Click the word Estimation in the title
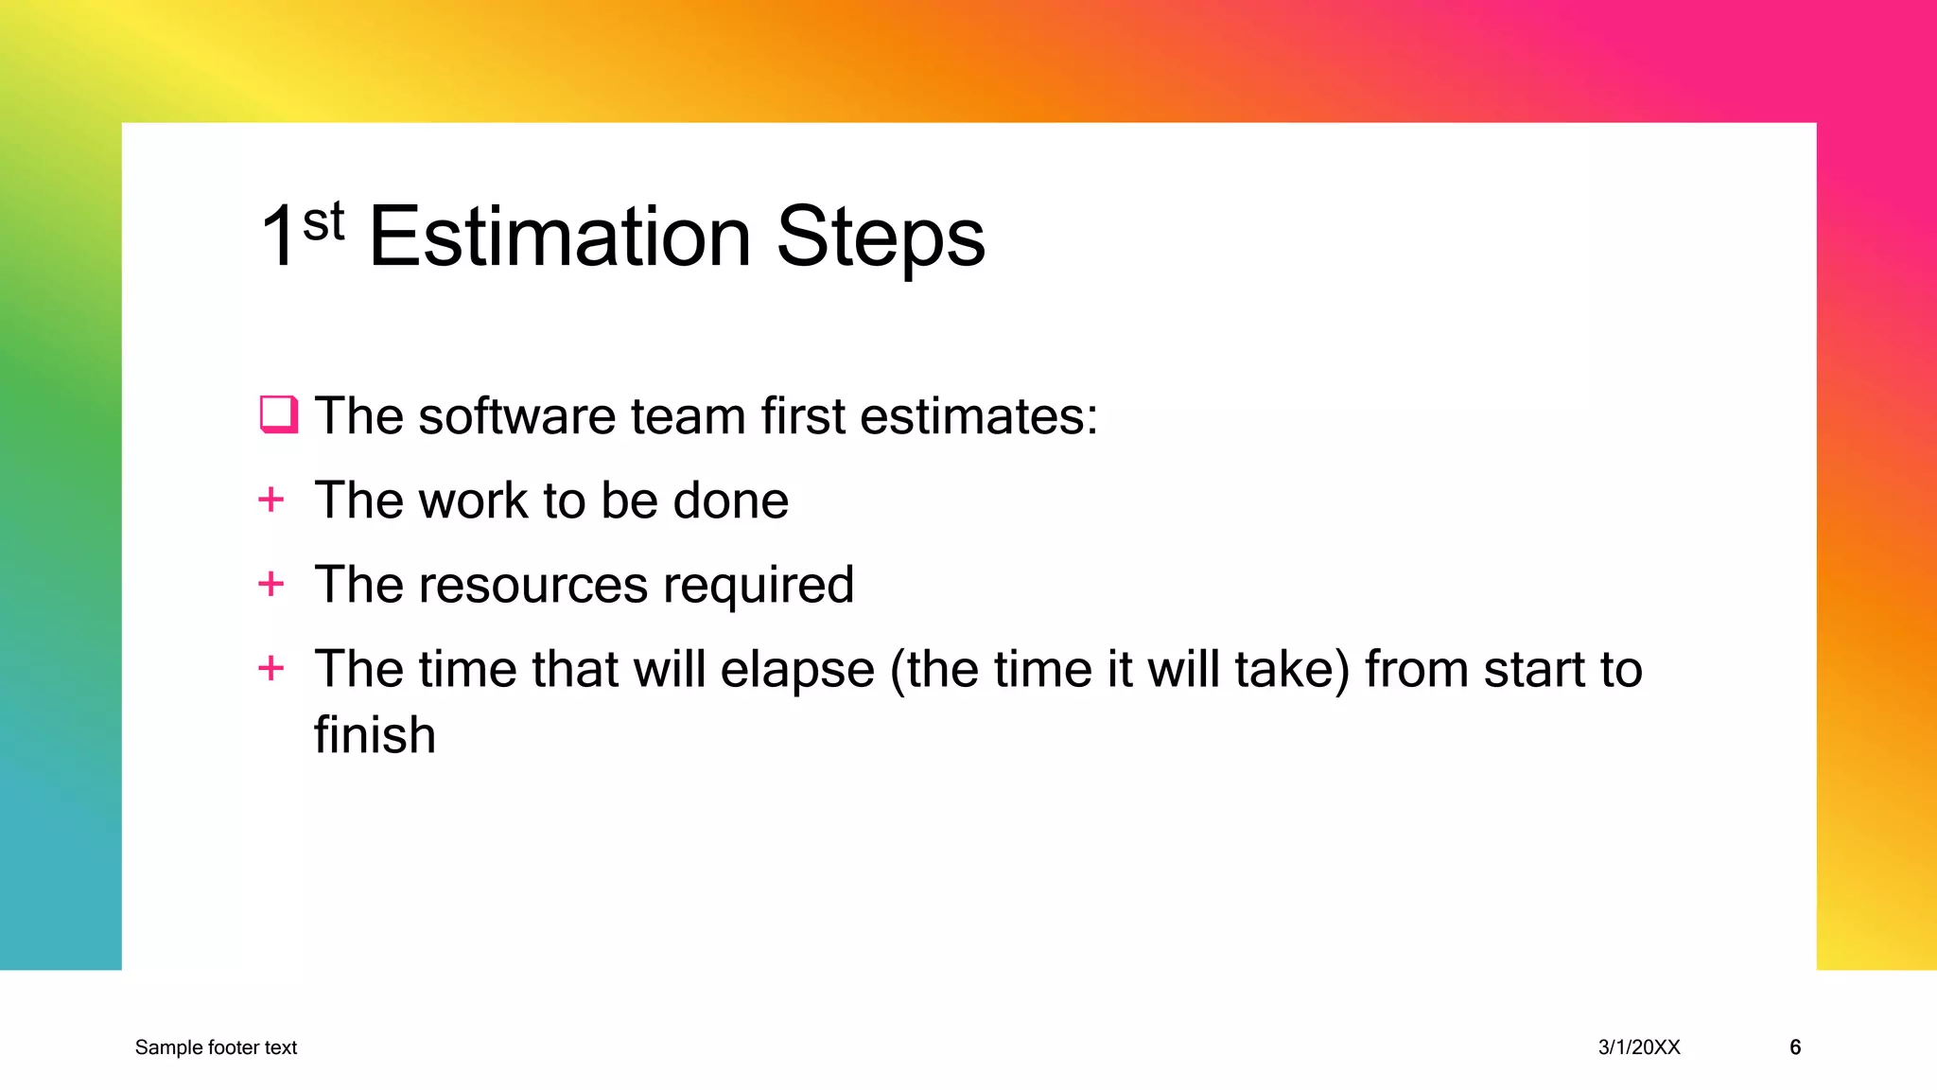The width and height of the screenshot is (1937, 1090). click(x=559, y=237)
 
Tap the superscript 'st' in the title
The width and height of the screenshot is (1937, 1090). click(x=323, y=223)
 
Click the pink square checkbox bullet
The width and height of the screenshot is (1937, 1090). click(x=278, y=414)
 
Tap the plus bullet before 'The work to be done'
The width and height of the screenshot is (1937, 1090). click(x=271, y=500)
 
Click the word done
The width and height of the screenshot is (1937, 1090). click(x=730, y=501)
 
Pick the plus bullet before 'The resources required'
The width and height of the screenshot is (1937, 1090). click(x=271, y=584)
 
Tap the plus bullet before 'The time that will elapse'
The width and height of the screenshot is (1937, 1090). click(x=271, y=668)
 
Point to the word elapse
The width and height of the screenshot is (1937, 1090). click(x=796, y=671)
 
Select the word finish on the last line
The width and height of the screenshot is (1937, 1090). click(x=375, y=735)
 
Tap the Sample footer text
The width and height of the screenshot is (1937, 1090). click(x=216, y=1047)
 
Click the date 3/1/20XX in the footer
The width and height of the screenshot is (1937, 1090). click(x=1639, y=1047)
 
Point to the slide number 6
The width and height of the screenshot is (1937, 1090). click(x=1794, y=1047)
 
